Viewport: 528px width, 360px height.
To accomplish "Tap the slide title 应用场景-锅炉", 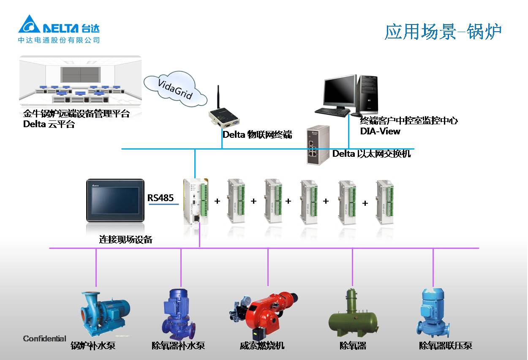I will (x=443, y=32).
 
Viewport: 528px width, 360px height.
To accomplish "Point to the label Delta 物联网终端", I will (x=257, y=135).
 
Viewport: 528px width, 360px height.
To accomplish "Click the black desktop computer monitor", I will (x=339, y=91).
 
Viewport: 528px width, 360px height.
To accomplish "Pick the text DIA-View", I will (x=380, y=131).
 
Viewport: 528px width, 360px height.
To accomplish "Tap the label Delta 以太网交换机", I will (x=371, y=154).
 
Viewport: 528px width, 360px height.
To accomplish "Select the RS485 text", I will (x=161, y=197).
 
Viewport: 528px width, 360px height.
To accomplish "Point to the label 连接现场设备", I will (x=125, y=240).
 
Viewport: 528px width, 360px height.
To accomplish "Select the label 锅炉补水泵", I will (x=93, y=346).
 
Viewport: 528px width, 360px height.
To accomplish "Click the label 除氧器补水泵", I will (x=178, y=346).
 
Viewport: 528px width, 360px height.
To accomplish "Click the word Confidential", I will (x=44, y=338).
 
